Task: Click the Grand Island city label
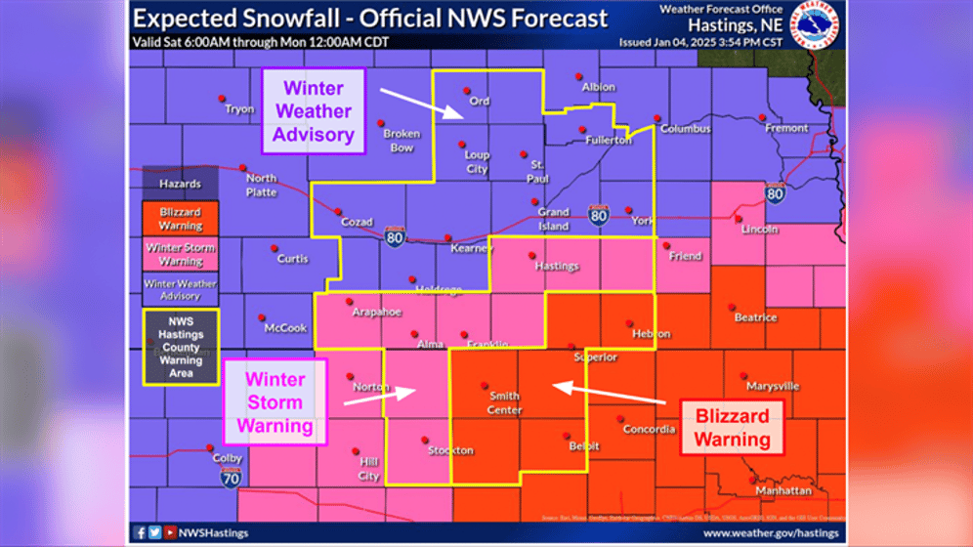(x=553, y=219)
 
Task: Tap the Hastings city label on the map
(x=556, y=266)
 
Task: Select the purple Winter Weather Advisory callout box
(x=313, y=110)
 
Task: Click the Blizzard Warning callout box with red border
(x=732, y=428)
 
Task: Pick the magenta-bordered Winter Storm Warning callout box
(x=275, y=402)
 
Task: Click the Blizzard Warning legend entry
(x=180, y=219)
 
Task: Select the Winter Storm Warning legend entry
(x=180, y=254)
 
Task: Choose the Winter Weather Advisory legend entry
(x=180, y=289)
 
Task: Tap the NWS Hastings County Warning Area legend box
(x=181, y=347)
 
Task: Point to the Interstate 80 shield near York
(x=599, y=213)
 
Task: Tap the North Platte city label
(x=261, y=185)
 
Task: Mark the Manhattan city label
(x=783, y=490)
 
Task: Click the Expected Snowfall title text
(x=370, y=18)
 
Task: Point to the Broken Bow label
(x=401, y=141)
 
